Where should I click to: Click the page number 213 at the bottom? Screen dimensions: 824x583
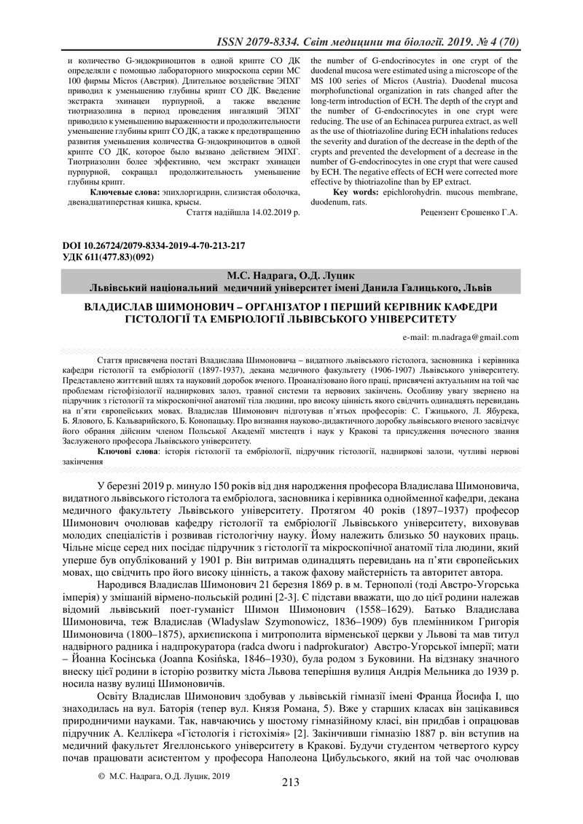tap(291, 783)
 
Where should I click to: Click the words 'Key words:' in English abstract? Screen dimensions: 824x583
tap(355, 191)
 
